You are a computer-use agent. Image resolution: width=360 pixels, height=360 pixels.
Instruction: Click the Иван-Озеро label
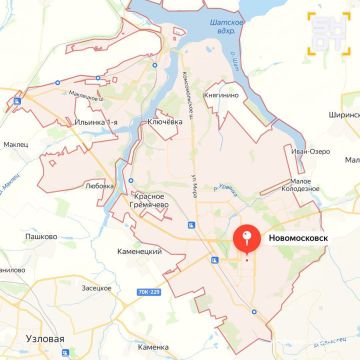311,151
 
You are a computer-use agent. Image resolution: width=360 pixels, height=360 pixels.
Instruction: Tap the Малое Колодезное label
305,186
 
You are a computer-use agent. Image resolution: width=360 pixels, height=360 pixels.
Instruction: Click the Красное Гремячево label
158,201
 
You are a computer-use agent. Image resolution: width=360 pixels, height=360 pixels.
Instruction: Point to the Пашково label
39,237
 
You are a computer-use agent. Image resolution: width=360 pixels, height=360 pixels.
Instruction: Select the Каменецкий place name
139,250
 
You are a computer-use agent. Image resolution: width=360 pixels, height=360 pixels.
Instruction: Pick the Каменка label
153,346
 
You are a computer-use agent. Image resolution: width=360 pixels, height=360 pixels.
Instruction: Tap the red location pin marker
247,240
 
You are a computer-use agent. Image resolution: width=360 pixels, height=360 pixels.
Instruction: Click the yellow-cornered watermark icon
328,31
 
